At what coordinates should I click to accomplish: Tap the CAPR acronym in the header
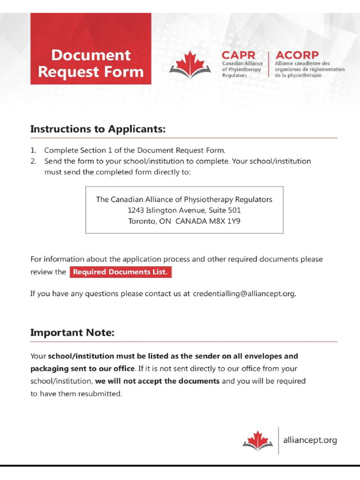coord(238,55)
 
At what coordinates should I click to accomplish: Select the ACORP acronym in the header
coord(297,55)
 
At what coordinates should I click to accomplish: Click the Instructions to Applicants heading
coord(98,129)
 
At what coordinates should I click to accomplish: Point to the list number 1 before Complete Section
coord(33,150)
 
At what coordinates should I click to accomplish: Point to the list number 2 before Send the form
coord(33,161)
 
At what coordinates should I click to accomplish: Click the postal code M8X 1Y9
coord(225,221)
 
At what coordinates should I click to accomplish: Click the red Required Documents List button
coord(120,272)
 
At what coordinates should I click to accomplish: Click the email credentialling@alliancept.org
coord(244,294)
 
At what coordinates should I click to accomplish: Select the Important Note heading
coord(72,333)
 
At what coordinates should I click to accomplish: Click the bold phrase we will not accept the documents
coord(157,381)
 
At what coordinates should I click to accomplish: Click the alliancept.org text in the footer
coord(310,440)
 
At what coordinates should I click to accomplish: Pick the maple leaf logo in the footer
coord(258,441)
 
